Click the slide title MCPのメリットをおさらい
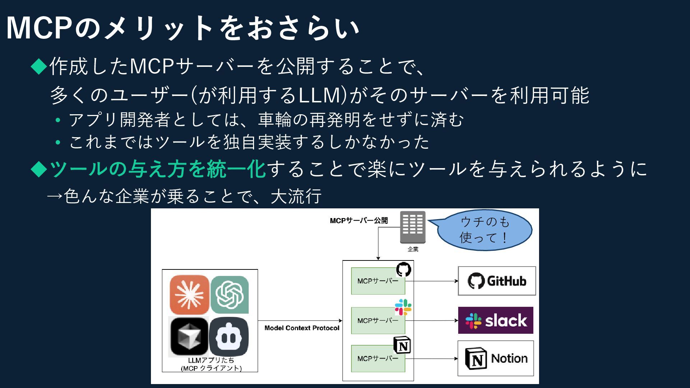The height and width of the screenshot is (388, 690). pos(183,28)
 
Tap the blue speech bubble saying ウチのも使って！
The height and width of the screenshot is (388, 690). pos(484,230)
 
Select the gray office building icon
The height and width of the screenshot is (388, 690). pos(413,227)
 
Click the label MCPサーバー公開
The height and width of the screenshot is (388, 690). pos(359,221)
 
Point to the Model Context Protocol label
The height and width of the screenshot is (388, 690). pos(302,328)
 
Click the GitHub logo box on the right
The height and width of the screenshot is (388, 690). pos(497,281)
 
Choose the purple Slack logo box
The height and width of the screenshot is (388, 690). pos(496,320)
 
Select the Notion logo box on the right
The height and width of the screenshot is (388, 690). pos(496,359)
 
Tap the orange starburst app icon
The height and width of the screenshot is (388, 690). pos(189,295)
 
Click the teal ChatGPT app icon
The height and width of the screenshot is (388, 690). pos(230,295)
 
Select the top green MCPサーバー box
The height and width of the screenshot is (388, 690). pos(378,281)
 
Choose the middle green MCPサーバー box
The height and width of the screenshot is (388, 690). pos(378,320)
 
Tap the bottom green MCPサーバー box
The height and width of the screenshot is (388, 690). pos(378,359)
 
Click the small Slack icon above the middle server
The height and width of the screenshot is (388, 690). pos(403,307)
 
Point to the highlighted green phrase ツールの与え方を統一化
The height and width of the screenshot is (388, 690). pos(157,169)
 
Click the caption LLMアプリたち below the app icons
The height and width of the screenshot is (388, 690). pos(211,360)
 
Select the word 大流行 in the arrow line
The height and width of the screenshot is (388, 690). pos(296,196)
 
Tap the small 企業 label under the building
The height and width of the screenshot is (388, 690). pos(413,249)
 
